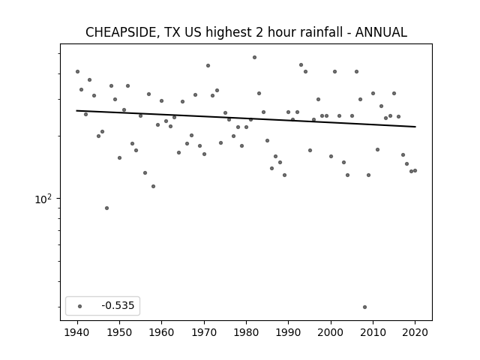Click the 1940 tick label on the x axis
[x=77, y=332]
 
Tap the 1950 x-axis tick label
[x=120, y=332]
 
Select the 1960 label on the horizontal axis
[x=162, y=332]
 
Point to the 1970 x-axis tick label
[x=204, y=332]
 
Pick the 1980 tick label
[x=246, y=332]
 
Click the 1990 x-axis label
[x=288, y=332]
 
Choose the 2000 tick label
[x=331, y=332]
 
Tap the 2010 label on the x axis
[x=373, y=332]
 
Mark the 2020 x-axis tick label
[x=415, y=332]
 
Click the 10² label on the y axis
[x=43, y=199]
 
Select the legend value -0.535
[x=118, y=305]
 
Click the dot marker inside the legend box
[x=80, y=306]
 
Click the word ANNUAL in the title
[x=381, y=32]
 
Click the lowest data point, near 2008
[x=364, y=307]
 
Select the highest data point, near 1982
[x=254, y=57]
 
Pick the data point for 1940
[x=77, y=72]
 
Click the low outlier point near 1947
[x=106, y=208]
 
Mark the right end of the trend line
[x=415, y=127]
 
